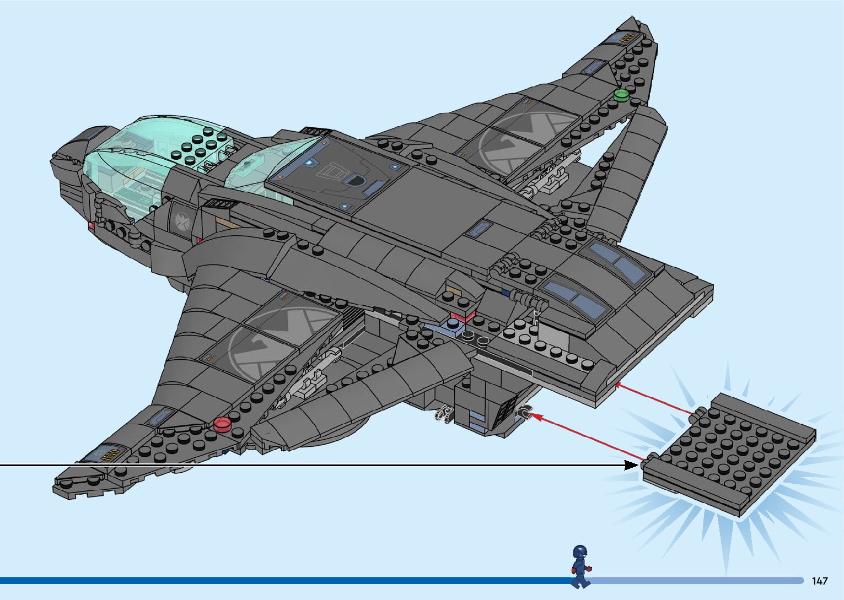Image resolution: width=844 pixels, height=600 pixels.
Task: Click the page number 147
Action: click(x=820, y=581)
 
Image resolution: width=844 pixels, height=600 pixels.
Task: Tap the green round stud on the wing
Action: click(x=621, y=95)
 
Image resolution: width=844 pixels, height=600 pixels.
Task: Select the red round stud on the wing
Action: click(x=222, y=423)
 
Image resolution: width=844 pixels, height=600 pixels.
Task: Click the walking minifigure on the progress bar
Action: click(x=579, y=566)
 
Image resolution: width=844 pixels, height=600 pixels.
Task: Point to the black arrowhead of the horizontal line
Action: click(x=633, y=466)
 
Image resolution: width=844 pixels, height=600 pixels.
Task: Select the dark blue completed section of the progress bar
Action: click(x=276, y=580)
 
